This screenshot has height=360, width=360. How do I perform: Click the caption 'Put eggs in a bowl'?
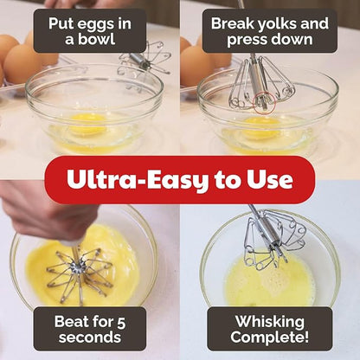(89, 31)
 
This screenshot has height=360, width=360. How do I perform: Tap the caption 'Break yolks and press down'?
(270, 31)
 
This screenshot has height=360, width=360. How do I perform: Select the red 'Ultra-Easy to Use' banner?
(180, 180)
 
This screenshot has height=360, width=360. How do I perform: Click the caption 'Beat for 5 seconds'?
(89, 329)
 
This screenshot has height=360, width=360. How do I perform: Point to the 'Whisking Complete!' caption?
(270, 329)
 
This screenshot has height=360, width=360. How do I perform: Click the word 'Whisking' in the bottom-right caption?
(270, 320)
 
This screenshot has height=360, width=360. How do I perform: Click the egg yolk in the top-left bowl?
(87, 125)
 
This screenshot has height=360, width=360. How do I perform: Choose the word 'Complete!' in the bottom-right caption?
(270, 339)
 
